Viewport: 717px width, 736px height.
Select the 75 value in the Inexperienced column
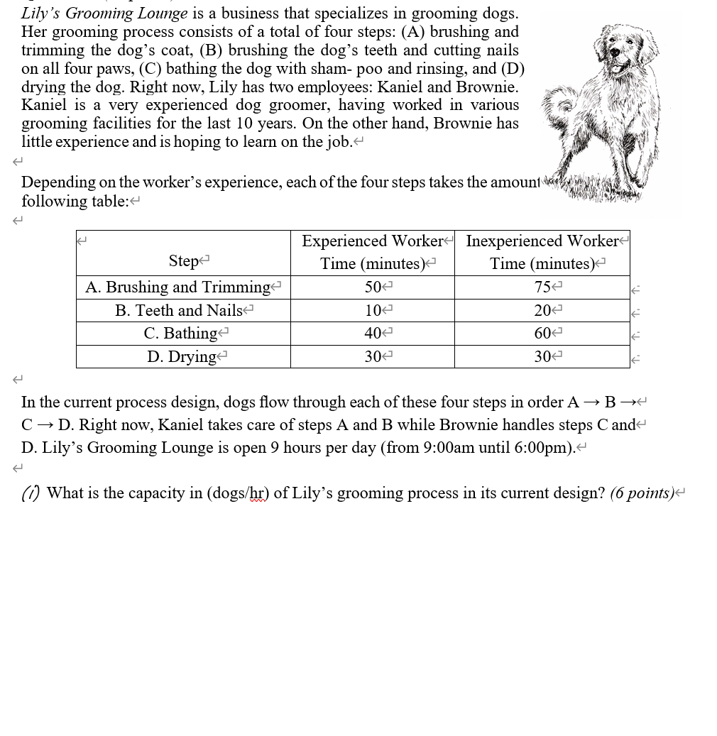tap(542, 287)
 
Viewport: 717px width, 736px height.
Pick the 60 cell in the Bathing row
tap(542, 334)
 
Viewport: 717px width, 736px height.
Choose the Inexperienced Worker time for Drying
tap(542, 357)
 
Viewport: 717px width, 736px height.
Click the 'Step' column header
tap(183, 261)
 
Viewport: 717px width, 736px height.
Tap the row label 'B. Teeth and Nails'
tap(179, 310)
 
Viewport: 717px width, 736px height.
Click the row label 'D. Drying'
tap(182, 357)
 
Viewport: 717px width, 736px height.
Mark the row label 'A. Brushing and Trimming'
tap(178, 287)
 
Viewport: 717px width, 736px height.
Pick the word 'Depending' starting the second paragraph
tap(58, 182)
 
